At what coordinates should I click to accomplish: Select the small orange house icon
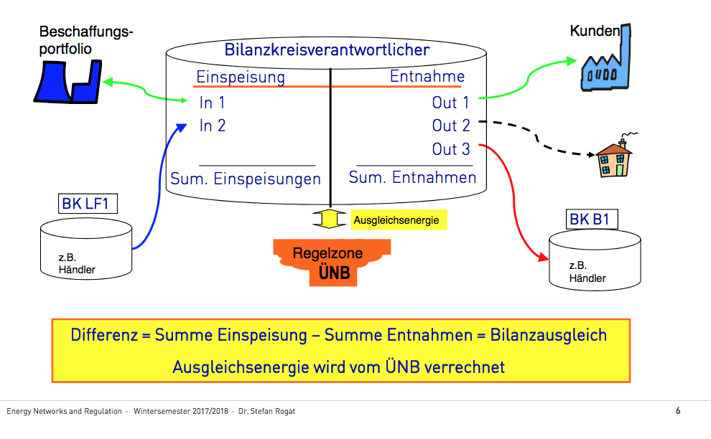coord(612,159)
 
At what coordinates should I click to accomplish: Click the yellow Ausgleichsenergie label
coord(396,220)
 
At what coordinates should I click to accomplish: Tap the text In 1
coord(212,103)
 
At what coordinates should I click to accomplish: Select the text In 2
coord(213,126)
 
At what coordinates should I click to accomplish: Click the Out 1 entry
coord(450,103)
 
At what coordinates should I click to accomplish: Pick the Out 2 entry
coord(451,126)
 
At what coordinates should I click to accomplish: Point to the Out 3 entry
coord(451,149)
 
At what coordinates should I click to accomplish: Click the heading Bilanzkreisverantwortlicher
coord(327,49)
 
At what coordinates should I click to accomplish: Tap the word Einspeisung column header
coord(241,77)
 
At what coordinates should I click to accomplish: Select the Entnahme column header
coord(427,76)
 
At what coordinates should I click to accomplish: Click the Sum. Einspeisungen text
coord(246,178)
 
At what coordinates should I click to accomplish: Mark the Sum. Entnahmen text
coord(413,176)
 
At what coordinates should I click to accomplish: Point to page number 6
coord(677,411)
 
